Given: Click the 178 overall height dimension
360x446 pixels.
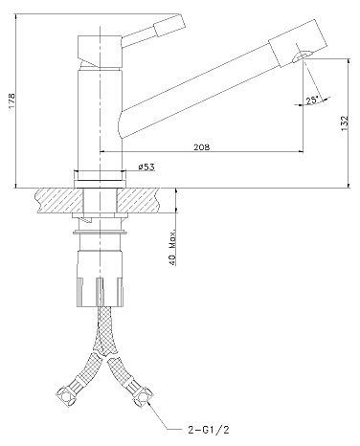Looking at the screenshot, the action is (x=11, y=100).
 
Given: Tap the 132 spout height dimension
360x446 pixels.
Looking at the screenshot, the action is (x=345, y=123).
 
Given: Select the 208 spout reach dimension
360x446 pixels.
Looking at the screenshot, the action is (x=202, y=147).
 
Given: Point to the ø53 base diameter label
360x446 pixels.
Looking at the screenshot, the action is (x=146, y=167).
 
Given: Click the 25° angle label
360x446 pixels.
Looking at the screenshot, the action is (x=312, y=100).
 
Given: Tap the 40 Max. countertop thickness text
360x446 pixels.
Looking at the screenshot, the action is (x=171, y=247).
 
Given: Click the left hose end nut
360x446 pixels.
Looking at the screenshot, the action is (x=66, y=394).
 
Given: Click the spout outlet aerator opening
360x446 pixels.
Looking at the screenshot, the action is (x=301, y=56).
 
